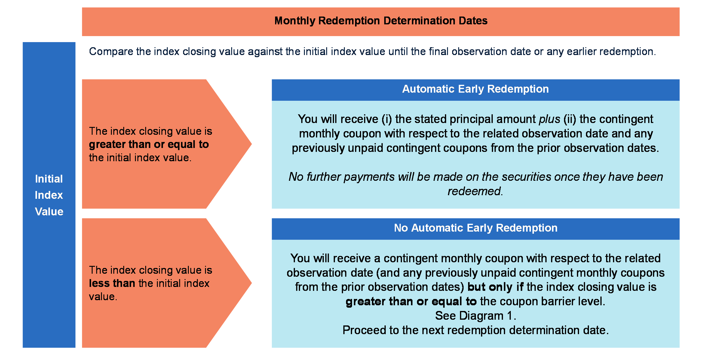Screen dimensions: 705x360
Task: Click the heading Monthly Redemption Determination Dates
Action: tap(381, 21)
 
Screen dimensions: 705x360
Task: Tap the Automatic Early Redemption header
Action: tap(475, 89)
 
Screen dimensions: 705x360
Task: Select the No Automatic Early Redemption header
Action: tap(476, 228)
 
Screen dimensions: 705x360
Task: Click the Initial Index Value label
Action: tap(49, 195)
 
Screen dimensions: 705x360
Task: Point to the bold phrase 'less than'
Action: tap(112, 283)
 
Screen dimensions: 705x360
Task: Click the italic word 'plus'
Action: tap(550, 119)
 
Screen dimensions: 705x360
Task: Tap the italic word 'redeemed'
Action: tap(474, 191)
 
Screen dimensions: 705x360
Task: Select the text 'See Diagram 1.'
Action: tap(476, 316)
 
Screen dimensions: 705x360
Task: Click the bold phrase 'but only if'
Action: tap(495, 287)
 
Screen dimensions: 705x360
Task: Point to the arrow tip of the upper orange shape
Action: tap(252, 144)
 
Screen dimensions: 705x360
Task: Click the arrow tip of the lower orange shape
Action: tap(252, 283)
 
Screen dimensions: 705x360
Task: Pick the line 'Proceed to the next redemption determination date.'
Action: tap(476, 330)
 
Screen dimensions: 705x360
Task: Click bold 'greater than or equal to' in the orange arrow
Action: tap(149, 144)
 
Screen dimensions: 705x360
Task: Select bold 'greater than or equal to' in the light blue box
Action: tap(411, 301)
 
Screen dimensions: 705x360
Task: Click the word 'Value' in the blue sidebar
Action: tap(49, 212)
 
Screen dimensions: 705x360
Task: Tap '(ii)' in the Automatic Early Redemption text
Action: tap(570, 119)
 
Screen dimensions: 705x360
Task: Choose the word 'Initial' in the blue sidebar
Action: tap(49, 179)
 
